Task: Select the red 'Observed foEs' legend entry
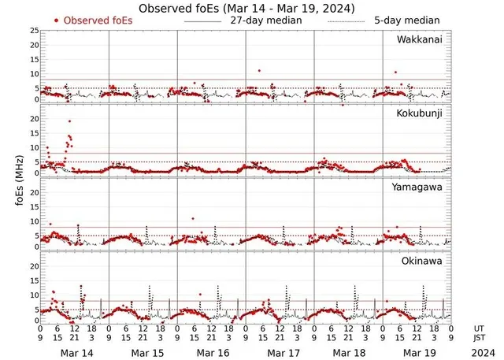click(x=93, y=20)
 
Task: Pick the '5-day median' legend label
click(x=406, y=20)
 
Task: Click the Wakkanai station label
click(x=419, y=39)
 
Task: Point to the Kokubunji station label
click(x=418, y=113)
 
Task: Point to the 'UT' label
click(x=479, y=328)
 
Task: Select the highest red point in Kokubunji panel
click(x=69, y=121)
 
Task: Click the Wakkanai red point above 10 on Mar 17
click(x=259, y=71)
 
